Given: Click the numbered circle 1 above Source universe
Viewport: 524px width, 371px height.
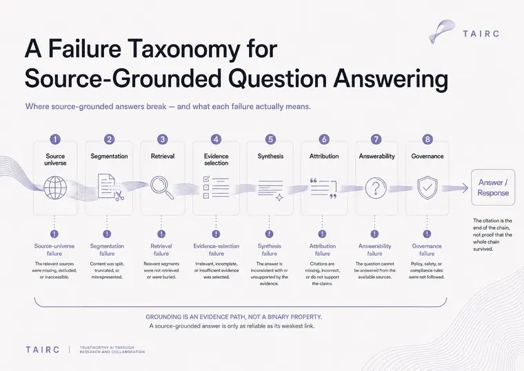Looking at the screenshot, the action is [x=54, y=139].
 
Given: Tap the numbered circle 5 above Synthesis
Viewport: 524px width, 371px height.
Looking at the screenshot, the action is [x=270, y=139].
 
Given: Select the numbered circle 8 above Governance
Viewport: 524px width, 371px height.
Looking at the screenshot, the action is [x=427, y=139].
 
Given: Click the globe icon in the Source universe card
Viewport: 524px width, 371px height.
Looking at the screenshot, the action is [x=55, y=188].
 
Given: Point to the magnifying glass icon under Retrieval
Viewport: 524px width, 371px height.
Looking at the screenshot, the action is [x=162, y=188].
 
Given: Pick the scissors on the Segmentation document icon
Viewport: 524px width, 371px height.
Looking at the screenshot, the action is [x=119, y=196].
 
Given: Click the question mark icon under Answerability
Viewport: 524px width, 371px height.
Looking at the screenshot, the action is [x=376, y=188].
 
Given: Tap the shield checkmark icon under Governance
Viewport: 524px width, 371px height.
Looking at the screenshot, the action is [x=427, y=188].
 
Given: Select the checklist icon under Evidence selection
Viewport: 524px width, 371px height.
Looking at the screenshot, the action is [x=216, y=187].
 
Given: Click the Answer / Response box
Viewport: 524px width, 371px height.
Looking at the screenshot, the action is [x=493, y=188].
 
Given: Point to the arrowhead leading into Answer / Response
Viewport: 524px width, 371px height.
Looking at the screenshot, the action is [x=465, y=188].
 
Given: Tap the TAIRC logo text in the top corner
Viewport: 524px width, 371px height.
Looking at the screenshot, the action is [x=481, y=34].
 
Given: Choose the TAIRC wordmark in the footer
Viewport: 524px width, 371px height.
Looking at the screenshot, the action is [x=43, y=350].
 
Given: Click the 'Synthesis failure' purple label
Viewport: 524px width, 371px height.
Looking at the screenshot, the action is [x=270, y=250].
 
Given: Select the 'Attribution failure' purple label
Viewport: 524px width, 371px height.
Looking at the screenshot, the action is [x=323, y=250].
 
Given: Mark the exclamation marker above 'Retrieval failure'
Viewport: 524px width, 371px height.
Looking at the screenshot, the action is [x=161, y=234].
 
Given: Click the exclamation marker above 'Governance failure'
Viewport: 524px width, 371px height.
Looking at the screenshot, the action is [x=427, y=234].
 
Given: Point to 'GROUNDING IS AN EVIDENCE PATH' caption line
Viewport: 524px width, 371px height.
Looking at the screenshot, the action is [x=234, y=317].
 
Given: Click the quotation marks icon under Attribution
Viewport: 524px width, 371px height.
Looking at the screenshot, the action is [x=323, y=188].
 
